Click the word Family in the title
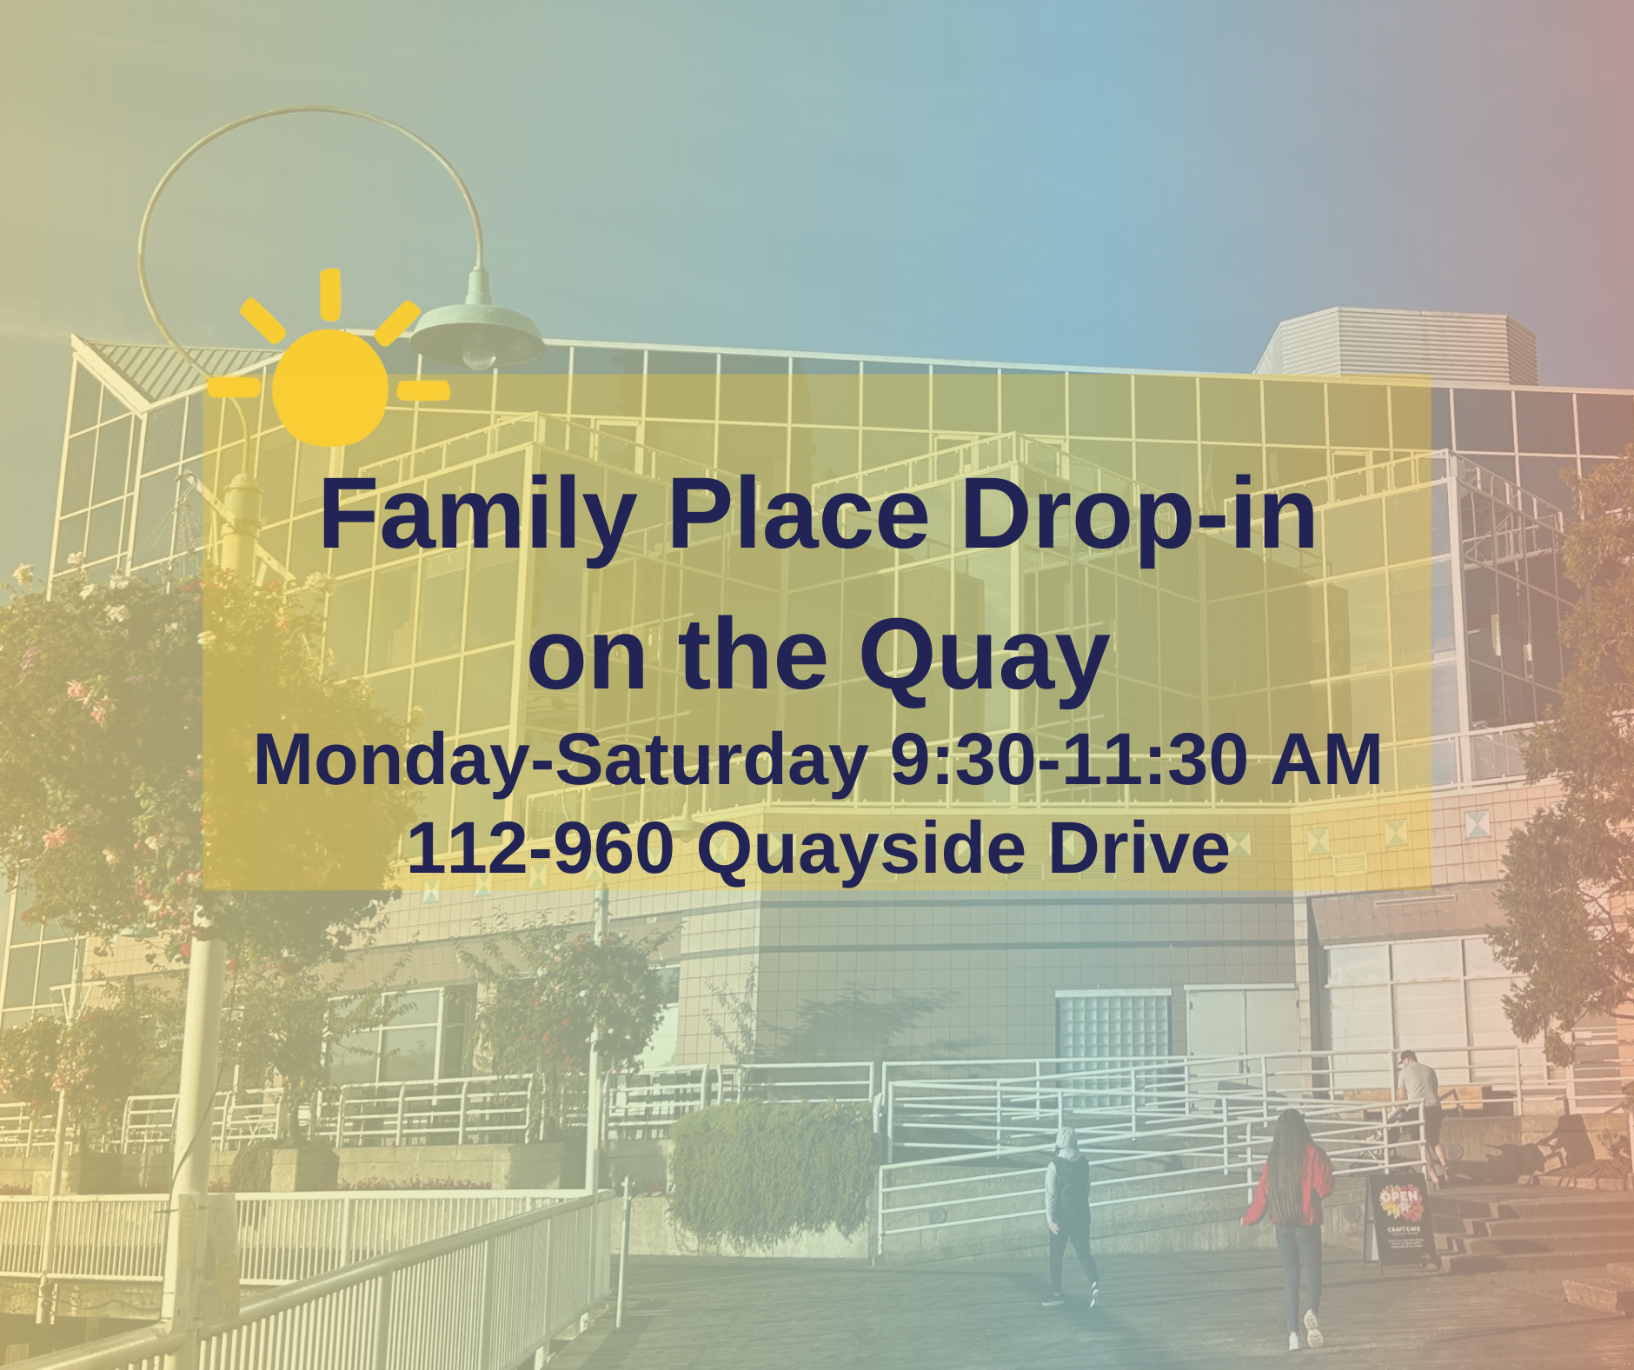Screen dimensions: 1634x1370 (x=477, y=516)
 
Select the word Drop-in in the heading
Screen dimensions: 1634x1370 (x=1139, y=518)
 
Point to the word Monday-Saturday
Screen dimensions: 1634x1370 (x=561, y=761)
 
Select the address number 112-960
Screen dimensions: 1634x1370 (x=540, y=848)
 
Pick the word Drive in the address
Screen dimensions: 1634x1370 (x=1139, y=848)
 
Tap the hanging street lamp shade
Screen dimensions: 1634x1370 (x=477, y=336)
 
